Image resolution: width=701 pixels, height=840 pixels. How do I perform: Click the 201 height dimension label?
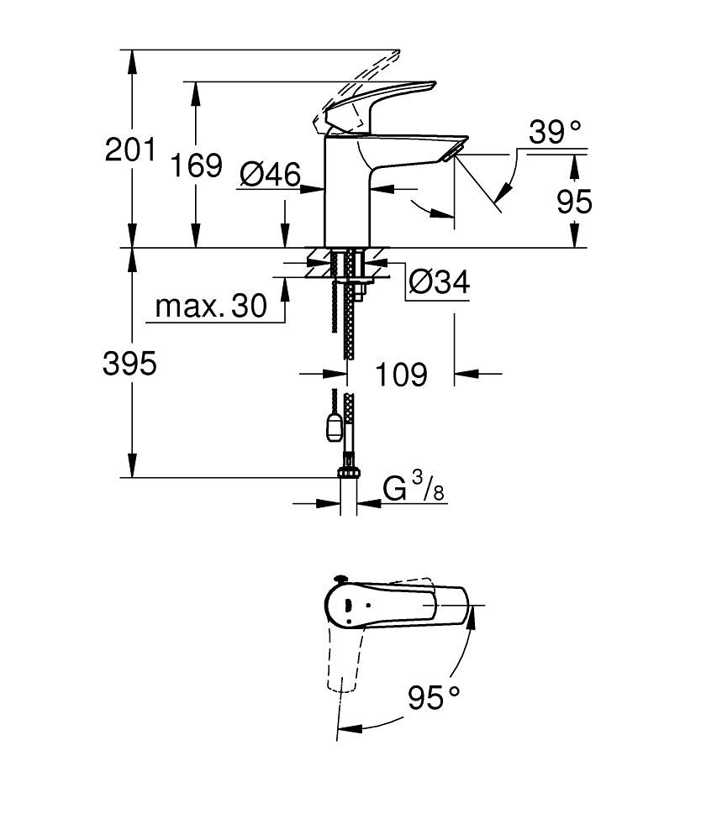(130, 150)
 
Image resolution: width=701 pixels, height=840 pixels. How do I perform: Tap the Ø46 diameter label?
(269, 175)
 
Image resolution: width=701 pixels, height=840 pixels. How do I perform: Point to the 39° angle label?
(555, 133)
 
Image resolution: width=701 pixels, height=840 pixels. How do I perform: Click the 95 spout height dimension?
(574, 202)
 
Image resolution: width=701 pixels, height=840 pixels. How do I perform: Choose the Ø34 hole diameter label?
(439, 283)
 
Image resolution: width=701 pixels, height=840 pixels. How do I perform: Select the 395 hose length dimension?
(129, 364)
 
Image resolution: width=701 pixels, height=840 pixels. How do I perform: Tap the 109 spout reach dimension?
(400, 374)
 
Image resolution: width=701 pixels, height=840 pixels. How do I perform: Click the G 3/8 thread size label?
(414, 488)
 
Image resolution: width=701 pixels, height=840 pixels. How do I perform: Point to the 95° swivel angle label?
(435, 696)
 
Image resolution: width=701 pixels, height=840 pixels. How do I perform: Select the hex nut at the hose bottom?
(348, 472)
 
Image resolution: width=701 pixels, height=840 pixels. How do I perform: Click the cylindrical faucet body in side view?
(345, 193)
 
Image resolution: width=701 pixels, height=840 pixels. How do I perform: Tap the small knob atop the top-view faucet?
(340, 579)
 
